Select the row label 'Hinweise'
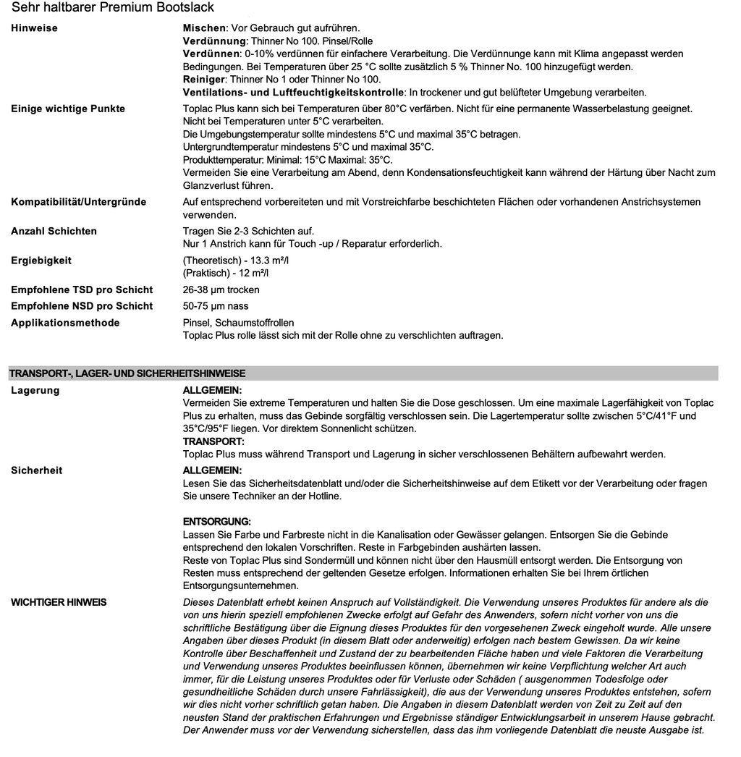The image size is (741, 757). [34, 28]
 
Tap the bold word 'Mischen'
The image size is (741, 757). [205, 28]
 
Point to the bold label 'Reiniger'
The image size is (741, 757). [205, 80]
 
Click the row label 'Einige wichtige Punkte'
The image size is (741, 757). [68, 109]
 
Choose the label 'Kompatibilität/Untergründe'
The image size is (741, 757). [78, 202]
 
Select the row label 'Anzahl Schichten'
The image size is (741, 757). [54, 231]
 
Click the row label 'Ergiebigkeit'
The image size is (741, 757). [41, 261]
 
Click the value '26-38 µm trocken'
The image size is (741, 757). [221, 289]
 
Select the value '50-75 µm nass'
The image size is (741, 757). [216, 306]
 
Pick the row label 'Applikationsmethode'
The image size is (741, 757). [65, 323]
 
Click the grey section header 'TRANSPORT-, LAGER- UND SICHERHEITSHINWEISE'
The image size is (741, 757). [127, 374]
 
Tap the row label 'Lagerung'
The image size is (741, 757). [35, 391]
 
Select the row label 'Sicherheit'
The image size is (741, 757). [37, 470]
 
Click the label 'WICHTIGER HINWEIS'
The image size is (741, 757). [59, 602]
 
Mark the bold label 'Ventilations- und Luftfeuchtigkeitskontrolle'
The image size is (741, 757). [293, 93]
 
